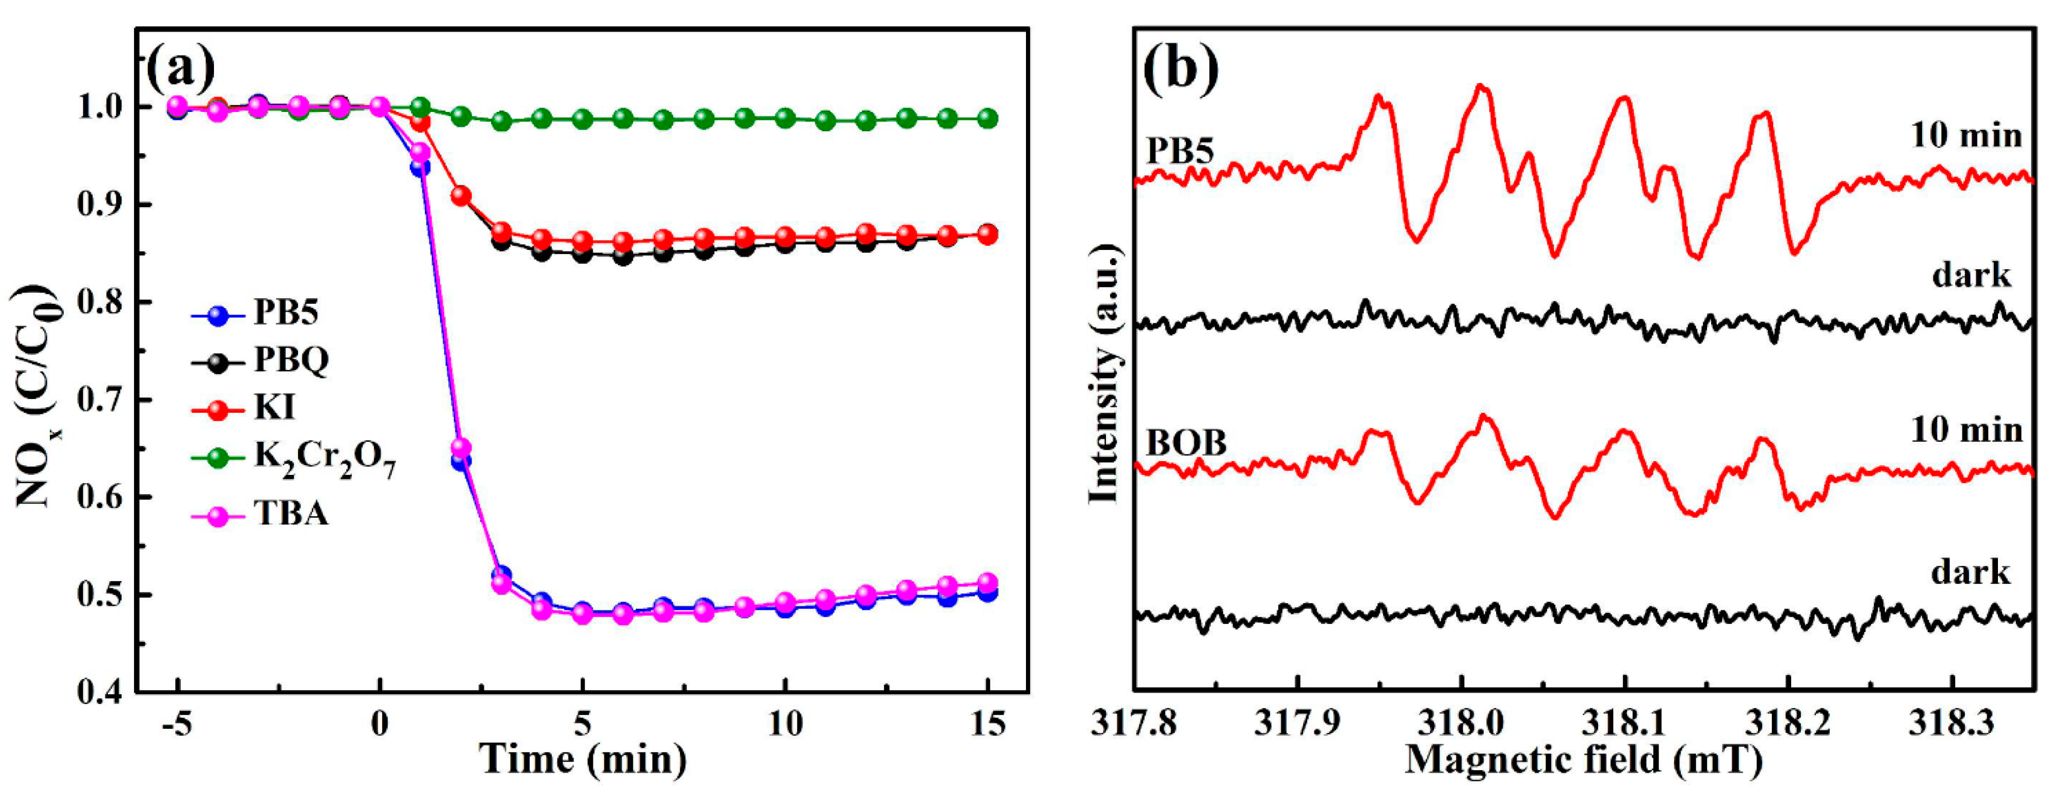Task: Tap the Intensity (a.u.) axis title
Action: pos(1105,375)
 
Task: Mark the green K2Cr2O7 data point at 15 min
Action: pos(987,118)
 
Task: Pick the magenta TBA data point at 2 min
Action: pos(461,448)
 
